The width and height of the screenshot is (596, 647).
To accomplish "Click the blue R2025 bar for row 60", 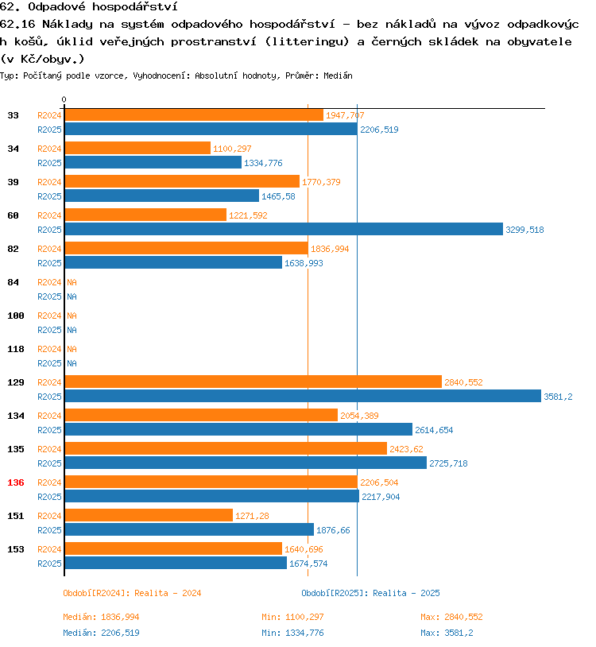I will click(284, 230).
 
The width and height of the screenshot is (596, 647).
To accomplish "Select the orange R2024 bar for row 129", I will click(253, 382).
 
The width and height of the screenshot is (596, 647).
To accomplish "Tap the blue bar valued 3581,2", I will click(302, 396).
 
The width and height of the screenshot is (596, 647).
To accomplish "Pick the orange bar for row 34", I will click(137, 149).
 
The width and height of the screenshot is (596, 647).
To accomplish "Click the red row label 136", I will click(15, 482).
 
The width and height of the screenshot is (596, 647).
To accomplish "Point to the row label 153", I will click(15, 549).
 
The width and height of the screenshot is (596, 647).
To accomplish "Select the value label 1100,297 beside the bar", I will click(232, 149).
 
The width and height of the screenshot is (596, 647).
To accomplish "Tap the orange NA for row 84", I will click(72, 282).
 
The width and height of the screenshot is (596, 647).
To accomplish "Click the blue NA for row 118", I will click(72, 363).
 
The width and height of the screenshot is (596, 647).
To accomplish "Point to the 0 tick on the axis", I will click(64, 99).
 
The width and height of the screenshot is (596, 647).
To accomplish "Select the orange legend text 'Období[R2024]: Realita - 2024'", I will click(132, 593).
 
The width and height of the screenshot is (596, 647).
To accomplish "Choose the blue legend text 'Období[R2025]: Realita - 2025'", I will click(370, 593).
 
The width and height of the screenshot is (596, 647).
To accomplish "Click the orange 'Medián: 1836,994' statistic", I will click(101, 617).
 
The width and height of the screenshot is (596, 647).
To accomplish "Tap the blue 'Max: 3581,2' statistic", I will click(447, 633).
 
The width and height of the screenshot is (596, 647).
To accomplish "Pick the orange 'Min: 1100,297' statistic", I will click(292, 617).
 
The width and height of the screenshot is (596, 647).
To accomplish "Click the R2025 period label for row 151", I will click(49, 530).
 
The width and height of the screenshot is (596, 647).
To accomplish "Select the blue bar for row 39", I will click(161, 196).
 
